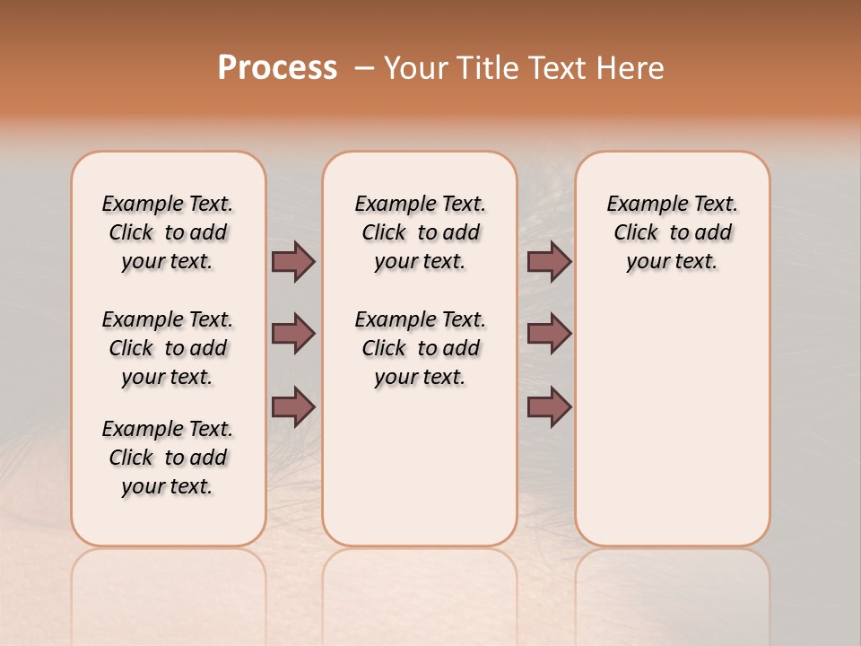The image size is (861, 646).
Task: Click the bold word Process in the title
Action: pyautogui.click(x=277, y=68)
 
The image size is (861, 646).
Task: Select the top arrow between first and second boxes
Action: pyautogui.click(x=293, y=261)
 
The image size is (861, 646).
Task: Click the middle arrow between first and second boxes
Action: pyautogui.click(x=293, y=334)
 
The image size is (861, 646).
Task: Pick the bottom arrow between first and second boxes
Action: pyautogui.click(x=293, y=407)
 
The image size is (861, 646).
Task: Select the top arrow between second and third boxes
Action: pyautogui.click(x=549, y=261)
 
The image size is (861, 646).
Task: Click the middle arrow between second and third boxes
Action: pyautogui.click(x=549, y=334)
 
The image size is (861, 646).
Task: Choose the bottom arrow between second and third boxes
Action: pyautogui.click(x=549, y=407)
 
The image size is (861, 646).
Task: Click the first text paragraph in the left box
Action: pyautogui.click(x=168, y=232)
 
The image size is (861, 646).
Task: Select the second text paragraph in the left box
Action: pyautogui.click(x=168, y=348)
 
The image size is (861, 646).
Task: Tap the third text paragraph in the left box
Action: pyautogui.click(x=168, y=458)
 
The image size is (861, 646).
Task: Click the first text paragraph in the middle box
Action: pyautogui.click(x=420, y=232)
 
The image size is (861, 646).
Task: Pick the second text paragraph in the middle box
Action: pyautogui.click(x=420, y=348)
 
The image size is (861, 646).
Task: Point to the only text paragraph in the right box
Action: pyautogui.click(x=672, y=232)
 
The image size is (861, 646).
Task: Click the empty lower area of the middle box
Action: pyautogui.click(x=420, y=467)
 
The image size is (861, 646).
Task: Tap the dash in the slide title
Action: pyautogui.click(x=364, y=68)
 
